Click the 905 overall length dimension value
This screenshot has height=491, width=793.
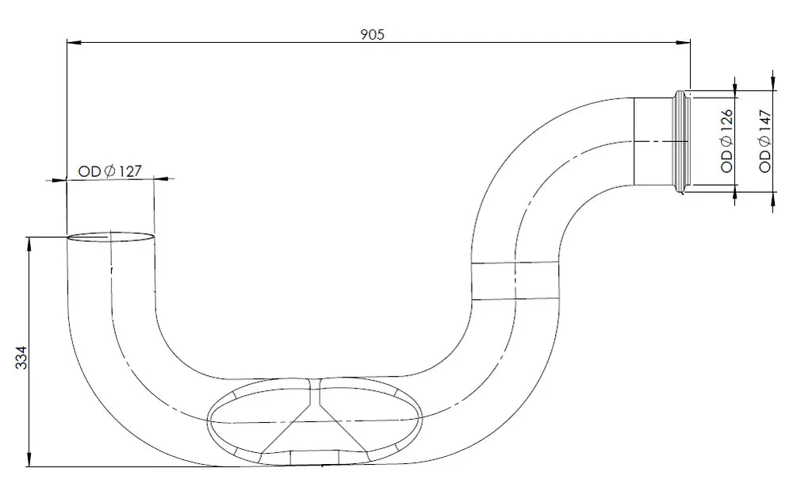point(372,34)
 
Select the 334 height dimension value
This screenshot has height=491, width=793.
point(21,357)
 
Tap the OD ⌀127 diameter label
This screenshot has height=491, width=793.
point(109,171)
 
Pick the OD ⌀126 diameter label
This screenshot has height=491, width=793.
point(726,140)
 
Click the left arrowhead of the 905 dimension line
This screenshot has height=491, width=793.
point(74,43)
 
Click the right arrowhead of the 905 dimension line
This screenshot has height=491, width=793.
point(684,43)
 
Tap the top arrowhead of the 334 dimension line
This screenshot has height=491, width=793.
point(29,244)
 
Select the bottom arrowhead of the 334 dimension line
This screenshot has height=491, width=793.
point(29,459)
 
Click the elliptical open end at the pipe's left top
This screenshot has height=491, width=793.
point(111,236)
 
